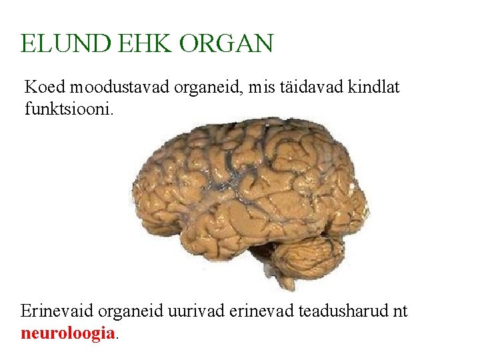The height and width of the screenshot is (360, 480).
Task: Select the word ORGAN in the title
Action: click(x=226, y=44)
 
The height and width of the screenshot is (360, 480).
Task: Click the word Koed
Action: click(x=45, y=87)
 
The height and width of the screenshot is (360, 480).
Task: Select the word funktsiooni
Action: click(x=69, y=108)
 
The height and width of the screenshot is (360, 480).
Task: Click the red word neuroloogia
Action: click(x=68, y=333)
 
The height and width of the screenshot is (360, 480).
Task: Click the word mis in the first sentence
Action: click(x=255, y=87)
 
